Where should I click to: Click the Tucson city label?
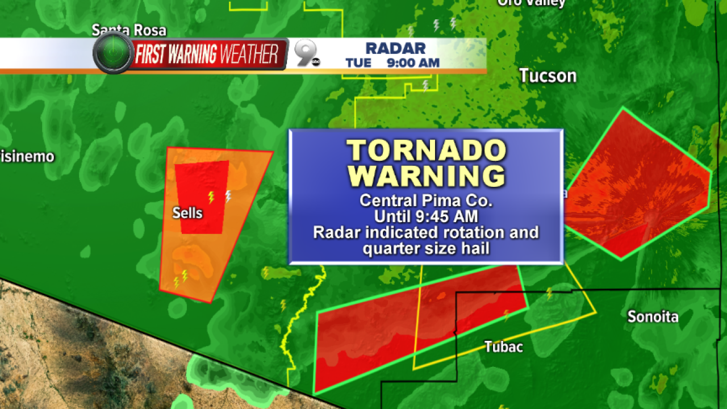548,76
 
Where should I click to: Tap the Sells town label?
187,213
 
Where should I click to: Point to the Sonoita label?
653,316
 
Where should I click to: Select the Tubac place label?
503,347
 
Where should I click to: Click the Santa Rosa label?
129,30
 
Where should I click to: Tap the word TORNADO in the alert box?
426,151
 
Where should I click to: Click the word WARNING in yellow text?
426,176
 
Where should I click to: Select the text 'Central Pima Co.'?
426,201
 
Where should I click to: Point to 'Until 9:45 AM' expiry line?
426,216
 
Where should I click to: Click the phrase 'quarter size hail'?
426,248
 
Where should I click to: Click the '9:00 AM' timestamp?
413,63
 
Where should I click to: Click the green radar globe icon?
113,53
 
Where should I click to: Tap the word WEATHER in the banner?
250,55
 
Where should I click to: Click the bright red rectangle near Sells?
201,197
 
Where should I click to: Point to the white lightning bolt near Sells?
228,196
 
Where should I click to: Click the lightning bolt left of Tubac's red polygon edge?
283,306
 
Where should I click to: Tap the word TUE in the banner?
358,63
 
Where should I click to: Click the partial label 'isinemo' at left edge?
27,156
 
